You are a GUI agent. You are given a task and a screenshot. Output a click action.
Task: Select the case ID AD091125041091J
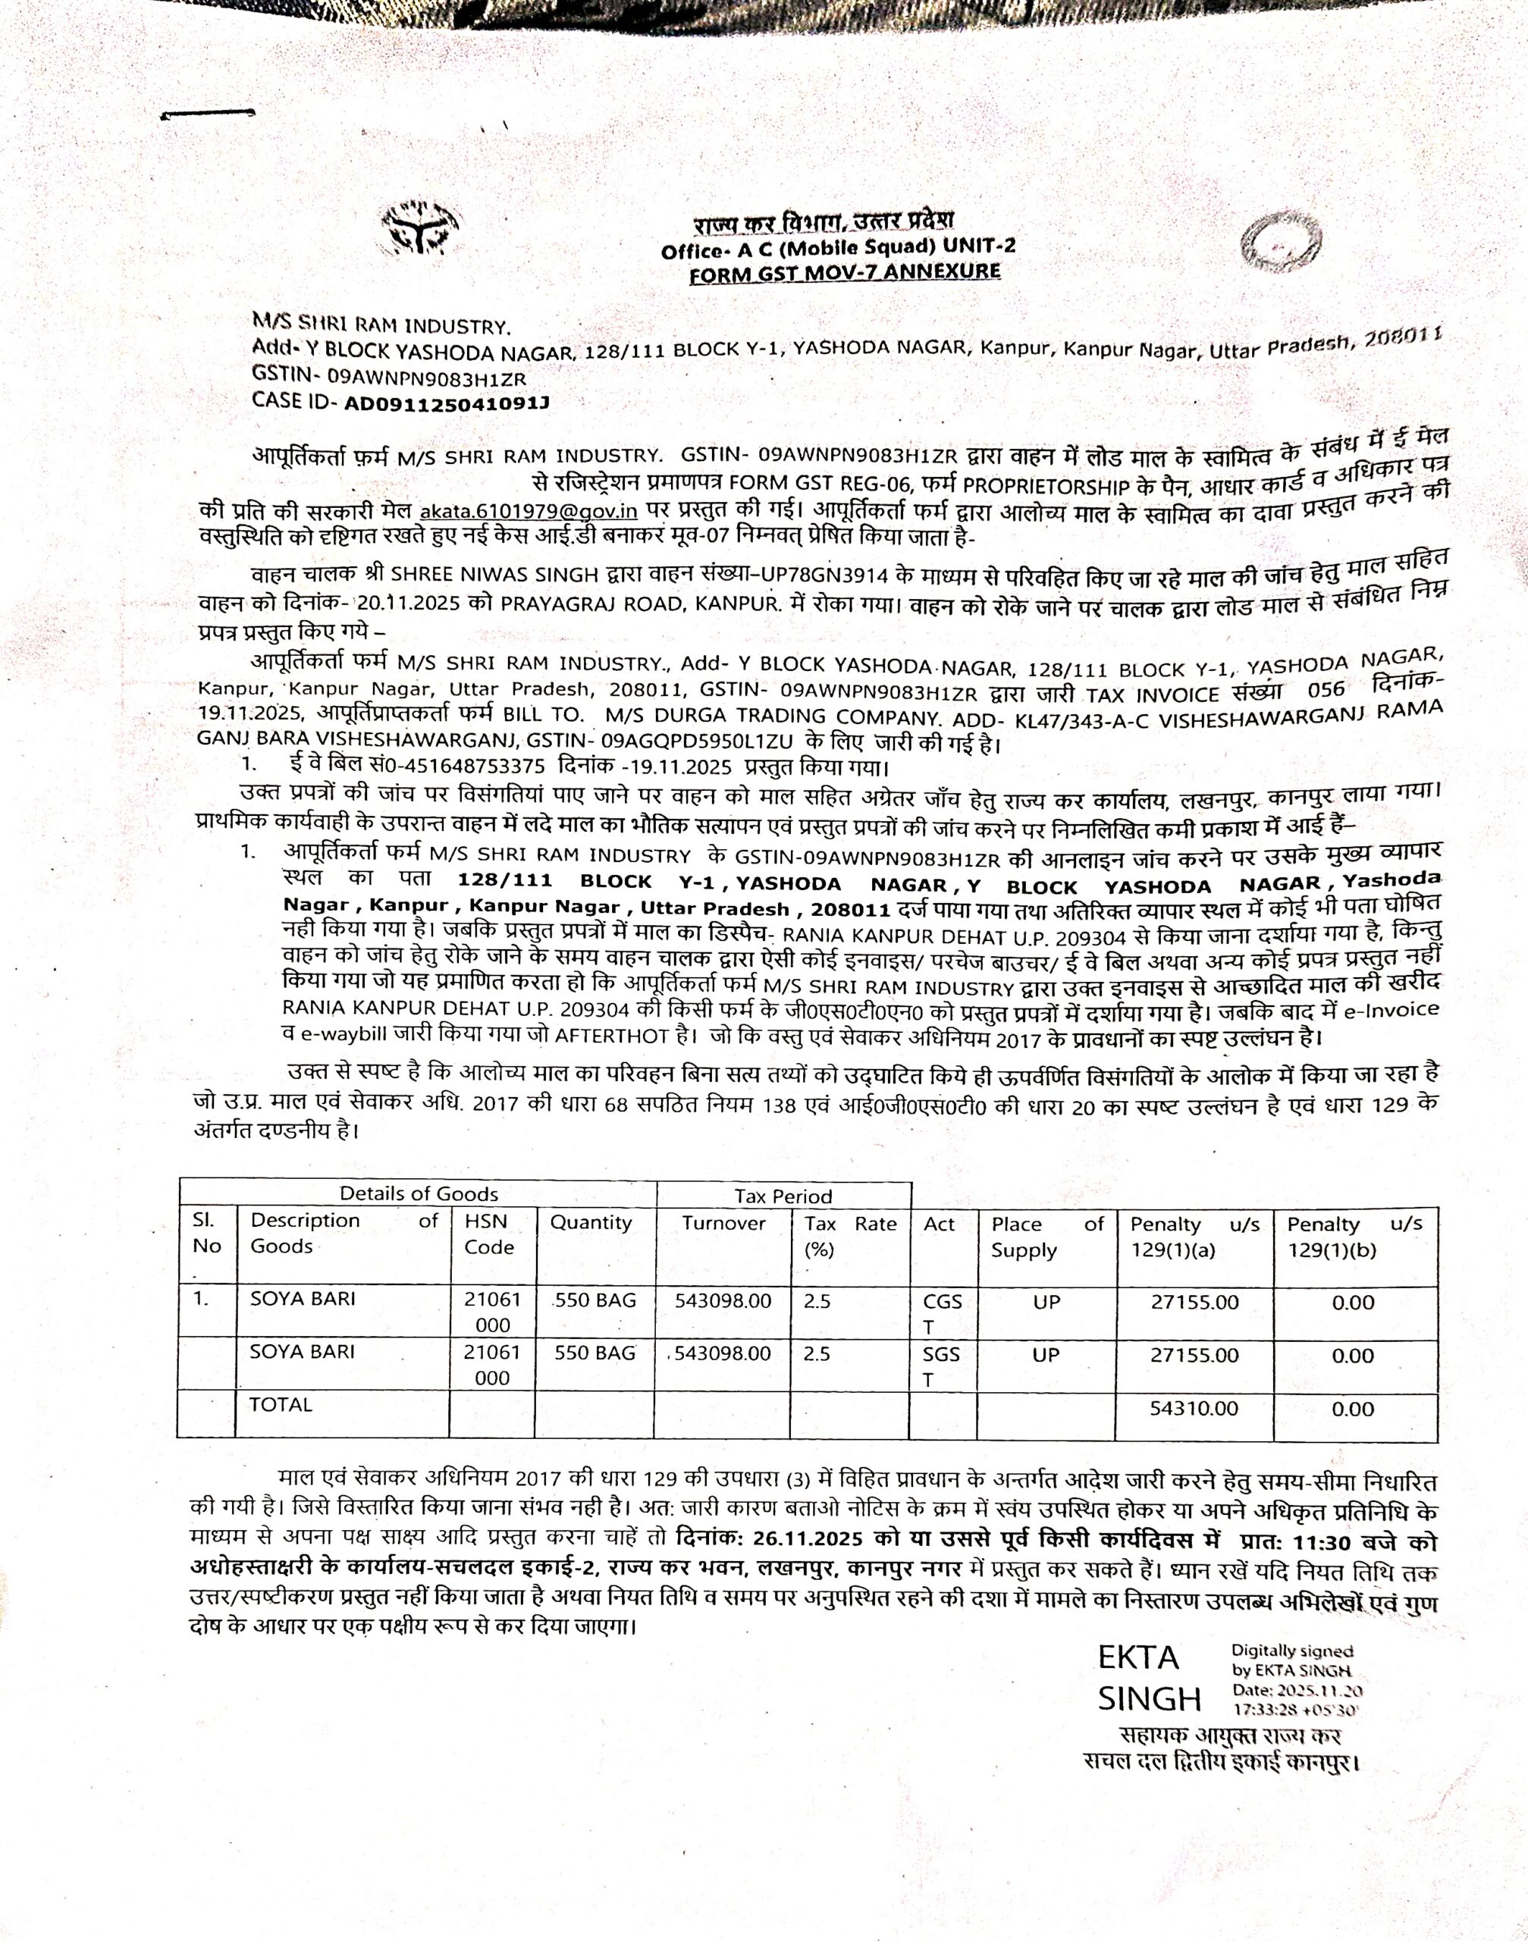tap(447, 403)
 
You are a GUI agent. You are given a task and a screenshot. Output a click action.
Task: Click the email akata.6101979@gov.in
tap(528, 513)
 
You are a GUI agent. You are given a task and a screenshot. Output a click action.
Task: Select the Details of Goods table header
tap(418, 1193)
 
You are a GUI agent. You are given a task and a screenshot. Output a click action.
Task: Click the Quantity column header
tap(591, 1222)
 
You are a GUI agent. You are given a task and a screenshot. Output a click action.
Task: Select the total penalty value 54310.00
tap(1194, 1409)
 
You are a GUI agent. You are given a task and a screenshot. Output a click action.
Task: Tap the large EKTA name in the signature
tap(1139, 1657)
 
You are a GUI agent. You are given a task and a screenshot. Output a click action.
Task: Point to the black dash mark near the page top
tap(209, 114)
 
